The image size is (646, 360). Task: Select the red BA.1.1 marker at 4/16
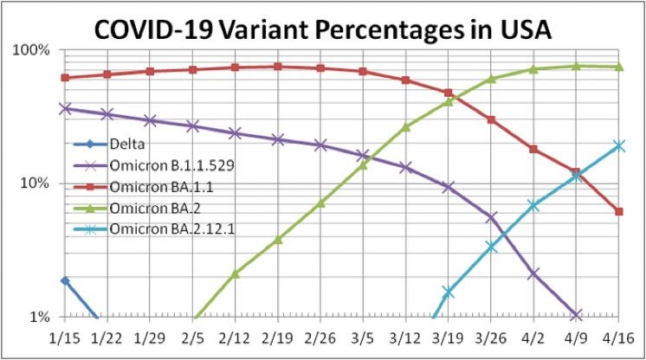619,211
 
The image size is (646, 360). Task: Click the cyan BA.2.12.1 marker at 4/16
619,145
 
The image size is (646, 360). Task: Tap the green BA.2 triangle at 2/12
235,273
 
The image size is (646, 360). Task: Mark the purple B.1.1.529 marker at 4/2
533,273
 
